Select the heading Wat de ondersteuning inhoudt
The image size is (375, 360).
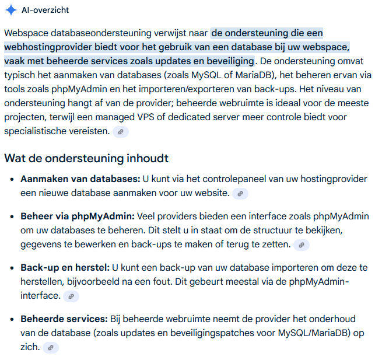pyautogui.click(x=86, y=158)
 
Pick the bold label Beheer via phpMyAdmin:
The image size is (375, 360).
pyautogui.click(x=78, y=216)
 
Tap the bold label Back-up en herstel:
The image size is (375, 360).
pyautogui.click(x=65, y=268)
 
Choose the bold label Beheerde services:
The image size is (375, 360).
pyautogui.click(x=64, y=319)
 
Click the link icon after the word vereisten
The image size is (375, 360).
pyautogui.click(x=120, y=132)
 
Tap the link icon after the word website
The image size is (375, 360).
pyautogui.click(x=240, y=194)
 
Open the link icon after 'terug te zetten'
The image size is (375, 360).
pyautogui.click(x=301, y=245)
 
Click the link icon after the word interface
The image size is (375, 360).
pyautogui.click(x=71, y=296)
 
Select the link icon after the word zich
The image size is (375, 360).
pyautogui.click(x=51, y=348)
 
